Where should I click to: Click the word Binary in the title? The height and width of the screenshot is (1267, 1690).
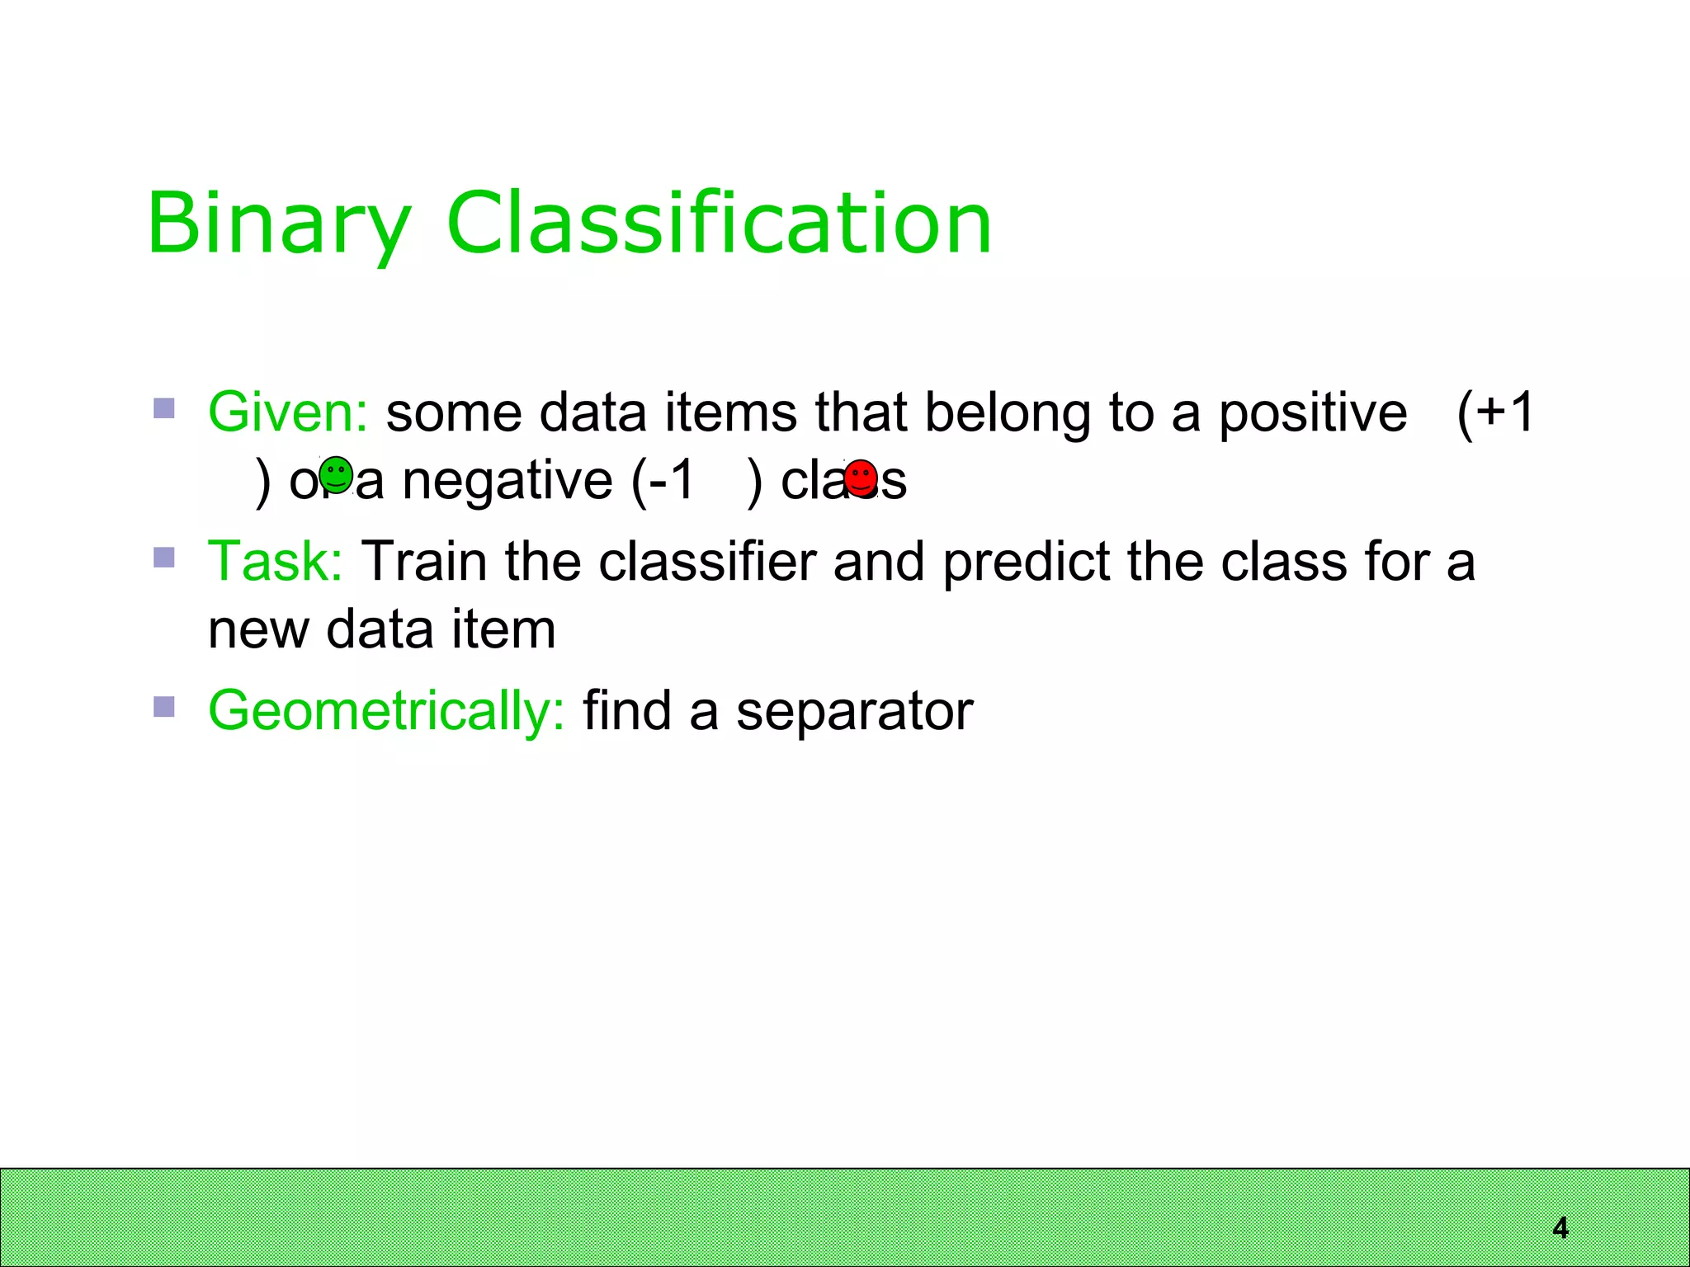pyautogui.click(x=279, y=224)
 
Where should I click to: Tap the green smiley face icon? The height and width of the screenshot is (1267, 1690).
pyautogui.click(x=336, y=475)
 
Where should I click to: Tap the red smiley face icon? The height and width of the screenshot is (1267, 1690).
pyautogui.click(x=861, y=478)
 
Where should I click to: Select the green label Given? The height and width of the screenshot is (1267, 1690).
pyautogui.click(x=287, y=412)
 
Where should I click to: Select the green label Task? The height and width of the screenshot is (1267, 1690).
pyautogui.click(x=275, y=562)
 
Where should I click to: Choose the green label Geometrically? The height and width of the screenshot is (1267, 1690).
pyautogui.click(x=386, y=711)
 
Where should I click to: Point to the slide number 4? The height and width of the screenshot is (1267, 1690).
pyautogui.click(x=1560, y=1228)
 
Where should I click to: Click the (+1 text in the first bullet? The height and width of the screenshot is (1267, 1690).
pyautogui.click(x=1495, y=412)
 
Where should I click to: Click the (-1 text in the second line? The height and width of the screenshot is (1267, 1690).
pyautogui.click(x=663, y=480)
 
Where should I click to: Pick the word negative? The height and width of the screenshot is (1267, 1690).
pyautogui.click(x=507, y=482)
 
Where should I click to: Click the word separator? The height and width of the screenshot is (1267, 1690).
pyautogui.click(x=854, y=712)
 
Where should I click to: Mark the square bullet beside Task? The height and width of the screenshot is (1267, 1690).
pyautogui.click(x=164, y=558)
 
